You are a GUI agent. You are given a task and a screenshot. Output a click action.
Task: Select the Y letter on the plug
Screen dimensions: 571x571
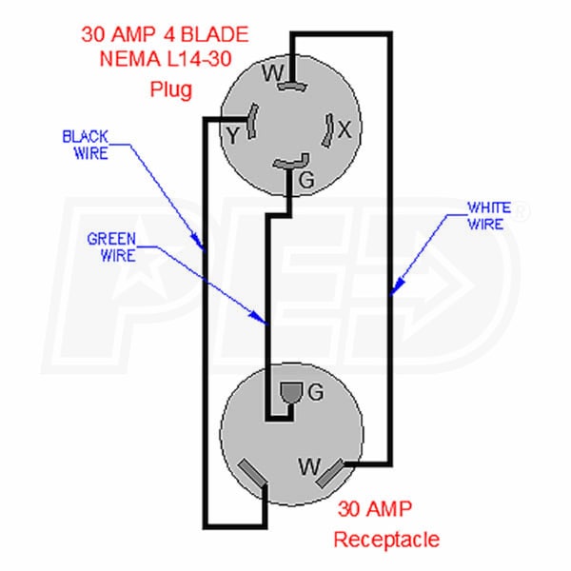[x=231, y=136]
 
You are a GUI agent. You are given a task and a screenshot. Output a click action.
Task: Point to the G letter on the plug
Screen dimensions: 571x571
[x=305, y=178]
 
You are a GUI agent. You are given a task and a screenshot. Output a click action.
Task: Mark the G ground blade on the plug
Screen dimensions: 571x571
[x=290, y=164]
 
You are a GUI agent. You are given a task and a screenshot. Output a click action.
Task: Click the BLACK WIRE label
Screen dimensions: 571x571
[x=85, y=144]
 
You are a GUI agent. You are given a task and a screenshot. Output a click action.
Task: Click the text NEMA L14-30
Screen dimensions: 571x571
[x=167, y=64]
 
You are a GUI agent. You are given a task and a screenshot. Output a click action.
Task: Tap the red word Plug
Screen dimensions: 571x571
[x=171, y=92]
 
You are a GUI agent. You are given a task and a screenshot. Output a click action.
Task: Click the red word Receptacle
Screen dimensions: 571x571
[x=386, y=540]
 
